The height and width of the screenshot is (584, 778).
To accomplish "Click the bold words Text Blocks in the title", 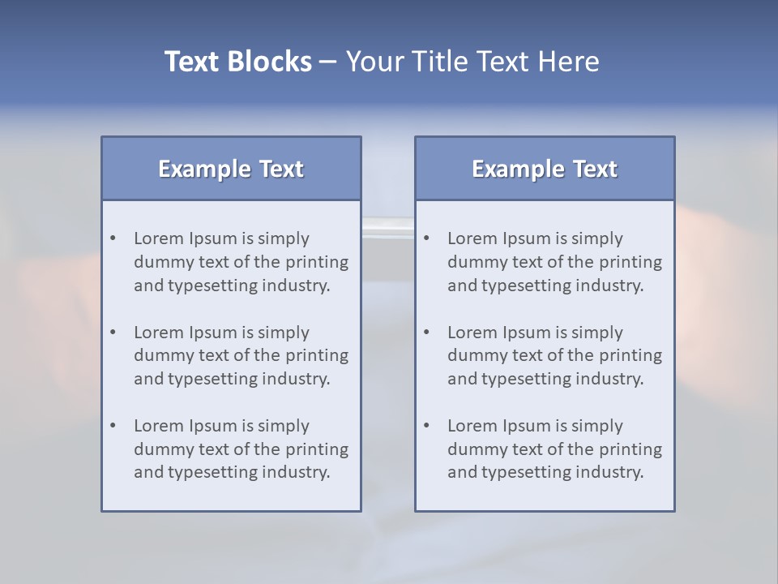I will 237,62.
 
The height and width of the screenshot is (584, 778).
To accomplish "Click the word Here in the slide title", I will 571,62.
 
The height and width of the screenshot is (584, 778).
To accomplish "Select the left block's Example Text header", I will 231,169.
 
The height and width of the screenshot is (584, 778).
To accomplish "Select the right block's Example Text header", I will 545,169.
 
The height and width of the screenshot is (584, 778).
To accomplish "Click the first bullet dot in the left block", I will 113,238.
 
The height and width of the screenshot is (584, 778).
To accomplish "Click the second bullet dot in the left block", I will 113,333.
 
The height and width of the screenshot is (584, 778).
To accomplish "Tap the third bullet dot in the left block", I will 113,426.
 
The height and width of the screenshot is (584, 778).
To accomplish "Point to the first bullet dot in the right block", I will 426,238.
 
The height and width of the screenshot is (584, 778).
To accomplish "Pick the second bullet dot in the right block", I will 426,333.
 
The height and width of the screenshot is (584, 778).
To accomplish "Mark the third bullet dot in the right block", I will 426,426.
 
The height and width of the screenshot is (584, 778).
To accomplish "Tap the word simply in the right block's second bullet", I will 597,333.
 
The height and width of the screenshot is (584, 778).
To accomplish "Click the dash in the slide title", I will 328,62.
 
